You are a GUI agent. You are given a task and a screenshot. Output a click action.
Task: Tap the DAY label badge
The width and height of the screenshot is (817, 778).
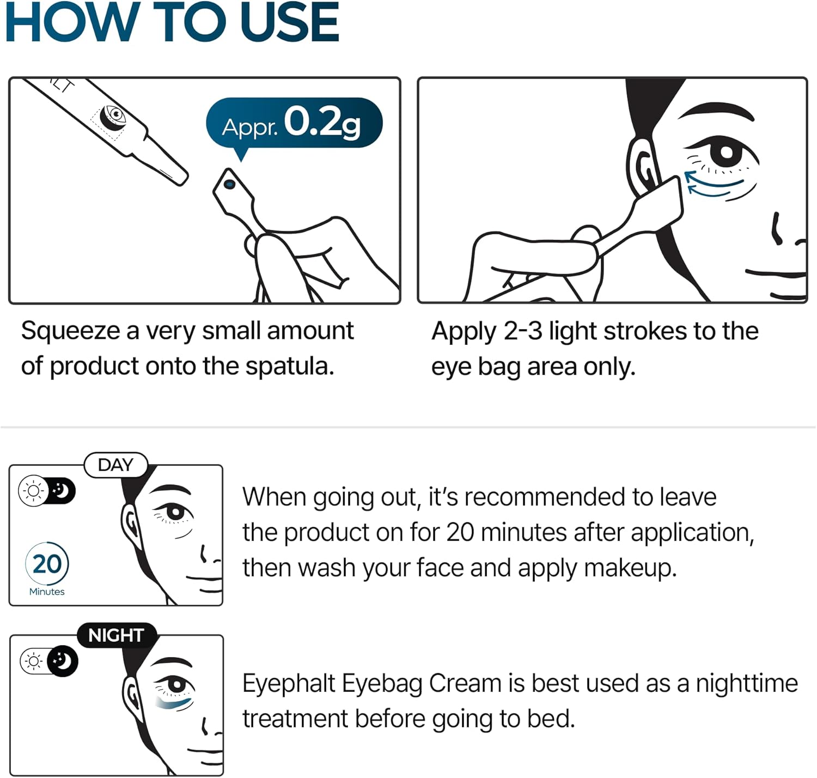115,465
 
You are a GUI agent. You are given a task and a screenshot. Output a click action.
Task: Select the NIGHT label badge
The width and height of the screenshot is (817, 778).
116,635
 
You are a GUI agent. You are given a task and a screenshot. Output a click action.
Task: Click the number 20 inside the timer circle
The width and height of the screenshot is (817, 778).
47,564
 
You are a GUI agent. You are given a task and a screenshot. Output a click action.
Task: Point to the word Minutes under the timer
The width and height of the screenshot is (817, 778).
47,592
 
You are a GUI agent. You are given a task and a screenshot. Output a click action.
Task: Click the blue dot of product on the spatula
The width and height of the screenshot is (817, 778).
229,184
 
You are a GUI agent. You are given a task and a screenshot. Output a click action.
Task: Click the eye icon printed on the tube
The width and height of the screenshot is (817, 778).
115,115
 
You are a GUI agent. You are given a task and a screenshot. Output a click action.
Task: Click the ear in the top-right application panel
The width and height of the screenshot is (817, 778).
643,163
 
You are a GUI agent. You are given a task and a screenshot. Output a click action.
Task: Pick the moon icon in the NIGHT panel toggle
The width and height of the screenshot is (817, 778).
63,661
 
